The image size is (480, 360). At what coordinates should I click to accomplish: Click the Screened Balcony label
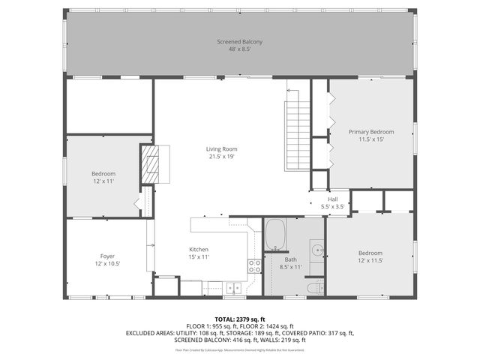pos(239,42)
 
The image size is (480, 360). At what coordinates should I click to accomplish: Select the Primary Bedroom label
pos(370,132)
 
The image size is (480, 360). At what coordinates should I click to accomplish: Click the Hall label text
pos(331,199)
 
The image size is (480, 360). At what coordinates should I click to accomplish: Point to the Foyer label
pos(107,256)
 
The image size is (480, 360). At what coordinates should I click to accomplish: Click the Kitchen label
pos(198,249)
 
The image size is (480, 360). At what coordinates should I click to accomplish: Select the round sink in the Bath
pos(316,250)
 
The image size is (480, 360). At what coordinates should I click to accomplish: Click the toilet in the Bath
pos(315,288)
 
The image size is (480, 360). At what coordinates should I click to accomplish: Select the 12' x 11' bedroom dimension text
pos(103,182)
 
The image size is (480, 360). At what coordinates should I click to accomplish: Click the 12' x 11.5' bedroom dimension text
pos(370,260)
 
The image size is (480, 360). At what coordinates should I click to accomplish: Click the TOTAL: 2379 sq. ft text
pos(240,319)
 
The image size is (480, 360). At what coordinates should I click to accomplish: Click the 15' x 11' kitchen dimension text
pos(198,257)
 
